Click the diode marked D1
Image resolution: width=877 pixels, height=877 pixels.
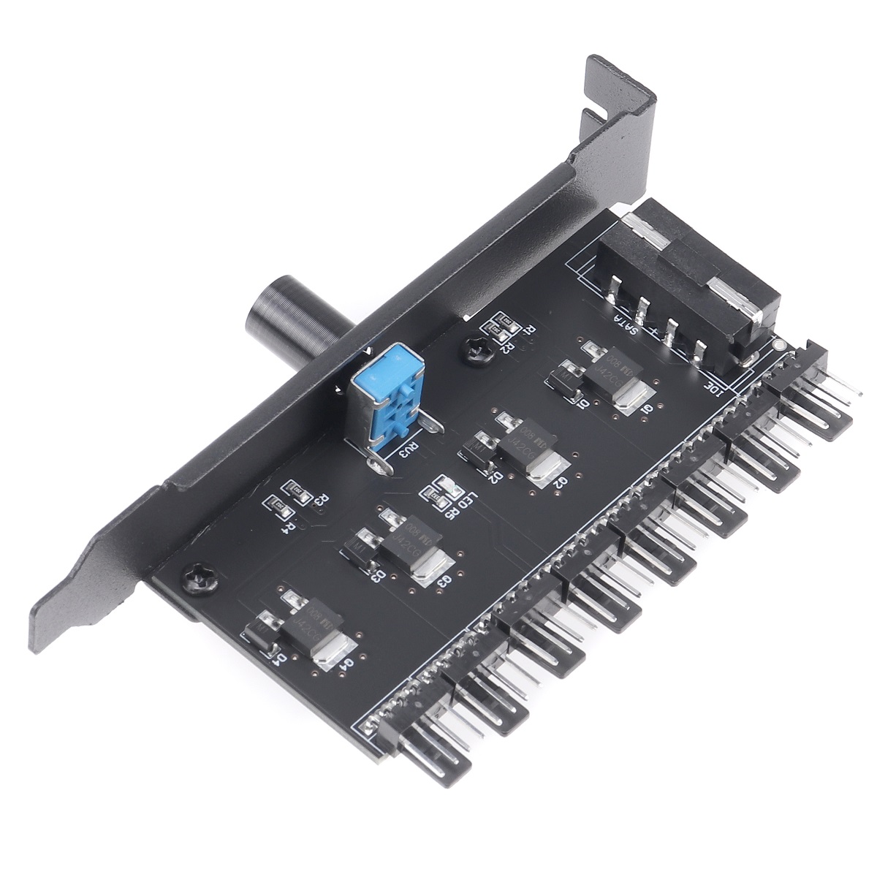[567, 379]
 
